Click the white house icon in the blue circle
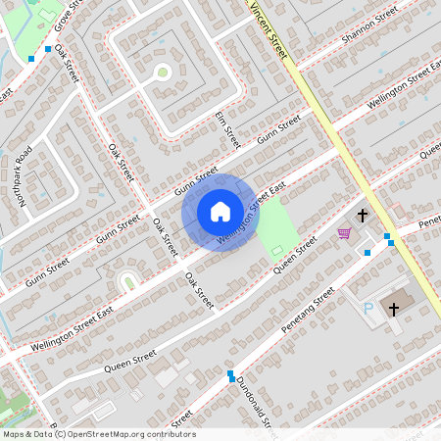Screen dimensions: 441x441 220,211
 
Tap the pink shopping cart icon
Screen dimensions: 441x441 344,232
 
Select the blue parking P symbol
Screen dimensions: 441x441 369,310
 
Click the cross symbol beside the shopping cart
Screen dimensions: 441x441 362,215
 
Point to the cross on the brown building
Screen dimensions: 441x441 394,309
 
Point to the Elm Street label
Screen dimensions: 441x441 226,129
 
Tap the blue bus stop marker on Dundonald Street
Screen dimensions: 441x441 230,375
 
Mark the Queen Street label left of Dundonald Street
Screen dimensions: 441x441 131,363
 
